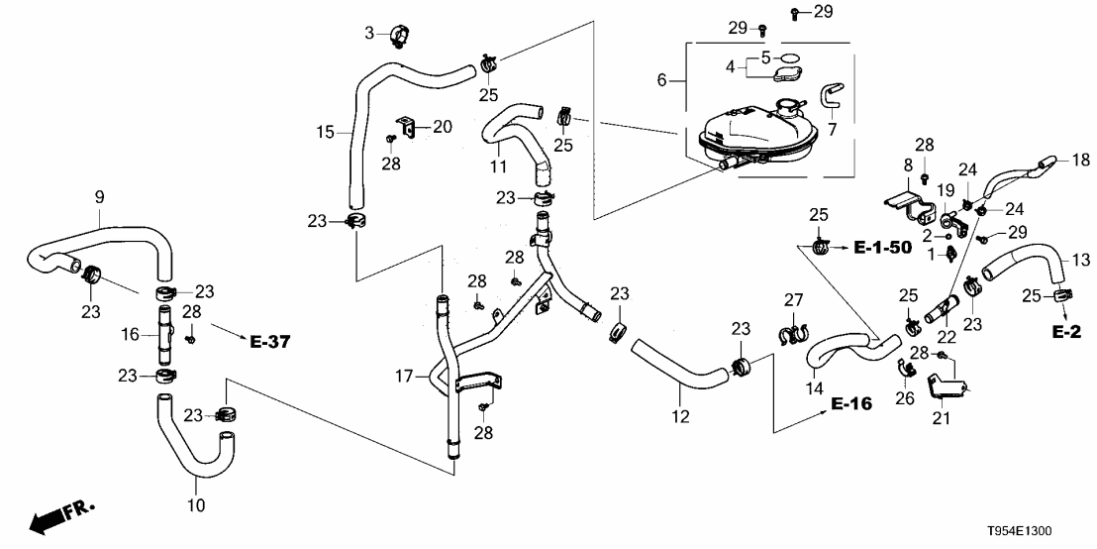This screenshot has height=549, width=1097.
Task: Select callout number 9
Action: click(98, 197)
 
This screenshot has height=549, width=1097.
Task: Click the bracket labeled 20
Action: click(405, 128)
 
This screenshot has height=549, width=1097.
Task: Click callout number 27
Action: click(792, 299)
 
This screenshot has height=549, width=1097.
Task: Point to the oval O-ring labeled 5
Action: click(788, 57)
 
